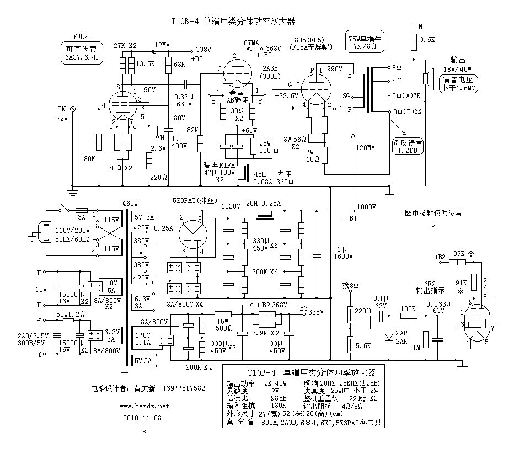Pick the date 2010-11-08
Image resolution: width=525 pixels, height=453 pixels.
(143, 417)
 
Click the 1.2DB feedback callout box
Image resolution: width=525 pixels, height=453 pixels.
(408, 145)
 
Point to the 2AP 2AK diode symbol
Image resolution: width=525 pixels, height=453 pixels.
(388, 336)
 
